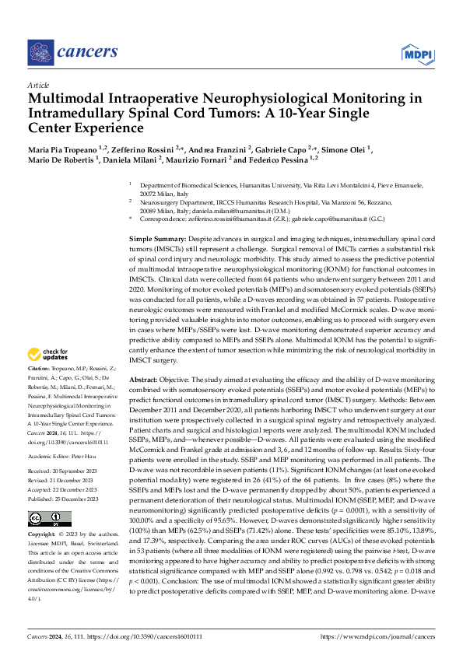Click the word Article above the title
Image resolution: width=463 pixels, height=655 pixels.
(37, 84)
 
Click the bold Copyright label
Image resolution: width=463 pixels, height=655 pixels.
(44, 536)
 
